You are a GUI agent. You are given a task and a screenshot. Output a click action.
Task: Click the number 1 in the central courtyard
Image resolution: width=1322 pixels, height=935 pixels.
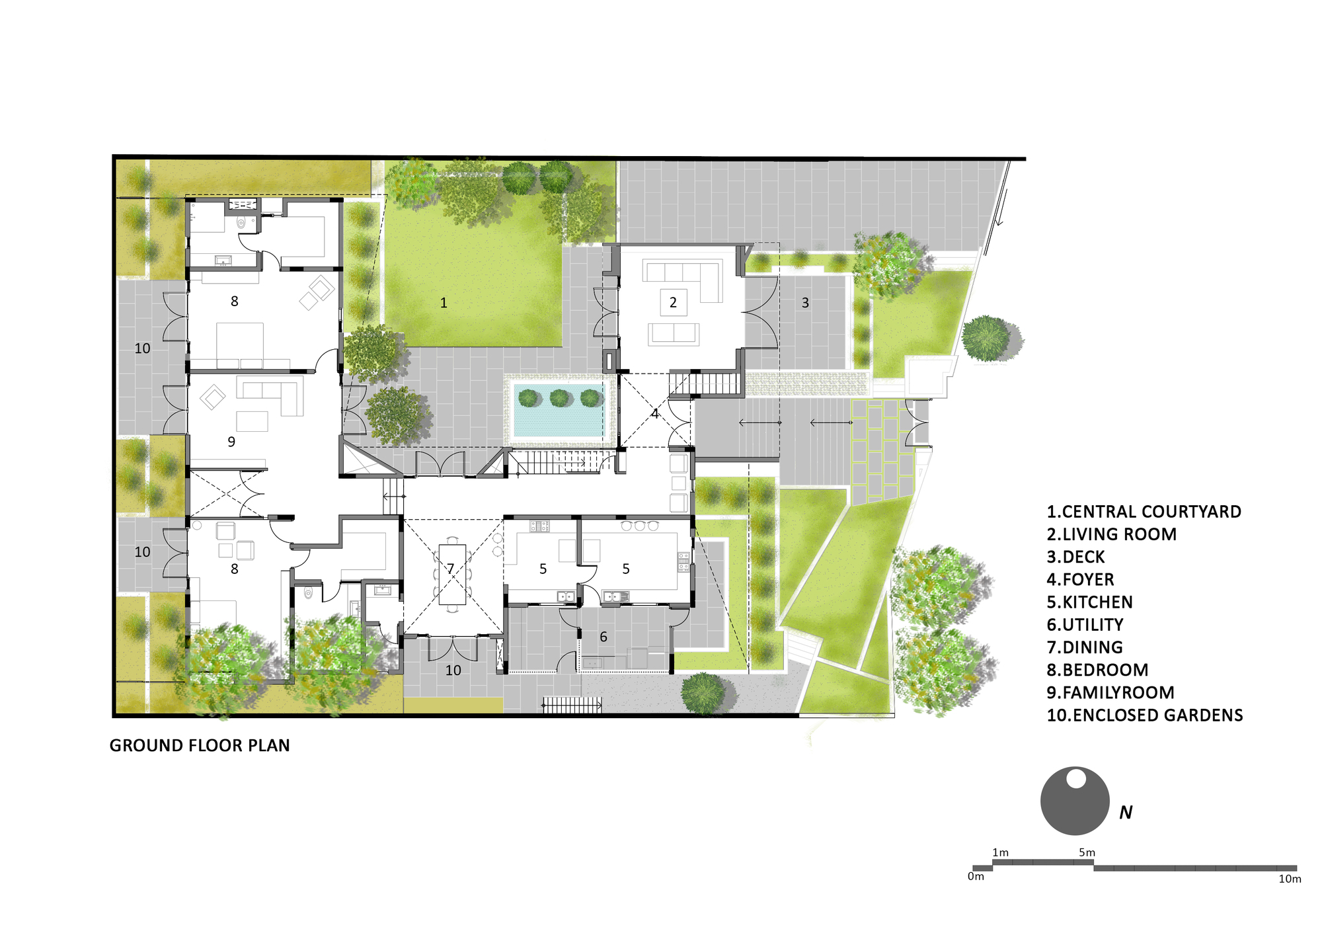coord(444,303)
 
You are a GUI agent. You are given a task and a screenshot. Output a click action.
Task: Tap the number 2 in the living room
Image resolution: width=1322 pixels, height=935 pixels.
coord(673,303)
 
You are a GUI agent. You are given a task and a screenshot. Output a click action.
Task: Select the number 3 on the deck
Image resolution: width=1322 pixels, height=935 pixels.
coord(805,303)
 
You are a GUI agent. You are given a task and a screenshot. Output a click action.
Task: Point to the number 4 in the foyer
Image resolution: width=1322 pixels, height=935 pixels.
coord(654,414)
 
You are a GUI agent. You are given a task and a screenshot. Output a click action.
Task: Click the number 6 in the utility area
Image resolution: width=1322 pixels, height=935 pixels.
coord(603,637)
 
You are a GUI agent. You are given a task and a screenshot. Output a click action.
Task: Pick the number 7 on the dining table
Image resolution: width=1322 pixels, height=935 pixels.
coord(451,569)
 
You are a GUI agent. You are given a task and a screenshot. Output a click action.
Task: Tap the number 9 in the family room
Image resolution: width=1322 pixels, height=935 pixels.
coord(231,442)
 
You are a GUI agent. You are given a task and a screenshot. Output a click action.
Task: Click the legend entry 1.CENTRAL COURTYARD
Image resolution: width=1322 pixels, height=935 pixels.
coord(1144,512)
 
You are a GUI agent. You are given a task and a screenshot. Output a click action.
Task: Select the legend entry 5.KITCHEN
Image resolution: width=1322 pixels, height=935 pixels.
coord(1089,602)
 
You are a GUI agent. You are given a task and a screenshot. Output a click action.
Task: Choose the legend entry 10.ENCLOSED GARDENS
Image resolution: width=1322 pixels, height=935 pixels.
coord(1145,715)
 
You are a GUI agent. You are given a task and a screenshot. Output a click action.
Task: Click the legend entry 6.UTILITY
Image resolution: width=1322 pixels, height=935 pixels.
coord(1085,625)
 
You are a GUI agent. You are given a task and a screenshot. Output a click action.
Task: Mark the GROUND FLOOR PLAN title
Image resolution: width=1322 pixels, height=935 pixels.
coord(200,746)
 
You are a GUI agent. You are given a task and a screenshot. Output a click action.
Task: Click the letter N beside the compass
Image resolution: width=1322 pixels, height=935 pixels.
coord(1126,813)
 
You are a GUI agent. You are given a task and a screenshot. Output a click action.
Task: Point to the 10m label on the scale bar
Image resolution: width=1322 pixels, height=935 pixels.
coord(1290,879)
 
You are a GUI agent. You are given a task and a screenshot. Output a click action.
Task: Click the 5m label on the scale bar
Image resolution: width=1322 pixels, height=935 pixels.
coord(1087,853)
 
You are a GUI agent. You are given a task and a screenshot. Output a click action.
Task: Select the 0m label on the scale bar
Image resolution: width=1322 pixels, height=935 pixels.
coord(976,877)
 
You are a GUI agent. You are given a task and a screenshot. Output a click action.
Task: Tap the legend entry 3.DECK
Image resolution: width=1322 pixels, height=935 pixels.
coord(1075,557)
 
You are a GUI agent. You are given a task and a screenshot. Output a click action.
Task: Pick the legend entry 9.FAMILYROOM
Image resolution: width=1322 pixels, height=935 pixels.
coord(1110,693)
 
